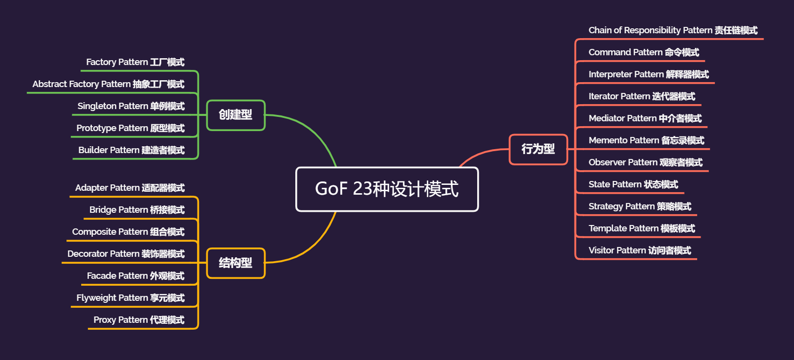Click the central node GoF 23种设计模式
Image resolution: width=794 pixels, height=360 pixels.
click(387, 189)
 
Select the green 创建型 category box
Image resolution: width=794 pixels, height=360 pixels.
click(236, 115)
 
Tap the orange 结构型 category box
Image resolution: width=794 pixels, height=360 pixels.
click(236, 263)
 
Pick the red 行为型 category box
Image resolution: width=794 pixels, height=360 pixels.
click(538, 149)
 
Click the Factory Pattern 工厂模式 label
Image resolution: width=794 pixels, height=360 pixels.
click(135, 62)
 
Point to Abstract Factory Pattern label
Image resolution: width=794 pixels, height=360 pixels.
click(108, 84)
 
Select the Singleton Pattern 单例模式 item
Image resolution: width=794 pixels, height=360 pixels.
click(131, 106)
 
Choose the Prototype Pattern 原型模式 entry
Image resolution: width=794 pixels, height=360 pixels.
click(130, 128)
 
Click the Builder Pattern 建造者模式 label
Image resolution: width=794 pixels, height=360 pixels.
click(131, 150)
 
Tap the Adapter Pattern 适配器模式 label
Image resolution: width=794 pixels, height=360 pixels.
click(130, 188)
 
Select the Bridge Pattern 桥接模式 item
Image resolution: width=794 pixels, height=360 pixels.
click(137, 210)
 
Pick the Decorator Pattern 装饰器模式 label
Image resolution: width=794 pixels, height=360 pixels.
click(126, 254)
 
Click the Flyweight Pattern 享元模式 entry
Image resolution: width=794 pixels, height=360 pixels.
click(130, 298)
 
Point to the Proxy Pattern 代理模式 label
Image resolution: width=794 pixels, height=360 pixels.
click(139, 320)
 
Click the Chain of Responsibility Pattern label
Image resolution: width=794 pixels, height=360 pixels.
click(673, 30)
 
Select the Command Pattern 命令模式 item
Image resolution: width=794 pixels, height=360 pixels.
click(643, 52)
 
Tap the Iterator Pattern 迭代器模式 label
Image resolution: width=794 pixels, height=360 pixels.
click(641, 96)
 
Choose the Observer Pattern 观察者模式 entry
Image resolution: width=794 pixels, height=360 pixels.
click(645, 162)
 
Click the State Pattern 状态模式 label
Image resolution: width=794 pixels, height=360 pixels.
click(633, 184)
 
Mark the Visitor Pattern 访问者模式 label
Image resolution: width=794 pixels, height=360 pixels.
click(640, 250)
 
